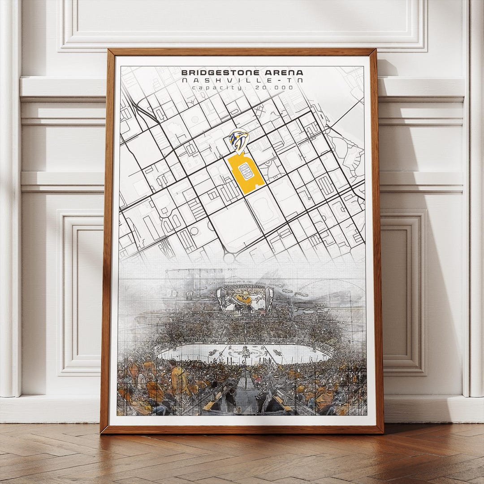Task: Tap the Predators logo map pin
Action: click(238, 140)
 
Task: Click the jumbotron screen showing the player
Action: click(245, 301)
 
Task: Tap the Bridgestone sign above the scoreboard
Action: click(245, 286)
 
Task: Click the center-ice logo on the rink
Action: click(245, 353)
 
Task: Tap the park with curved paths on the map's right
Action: click(347, 152)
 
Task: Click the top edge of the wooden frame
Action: click(242, 52)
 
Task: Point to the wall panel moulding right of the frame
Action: click(406, 291)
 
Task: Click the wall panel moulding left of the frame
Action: click(81, 291)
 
